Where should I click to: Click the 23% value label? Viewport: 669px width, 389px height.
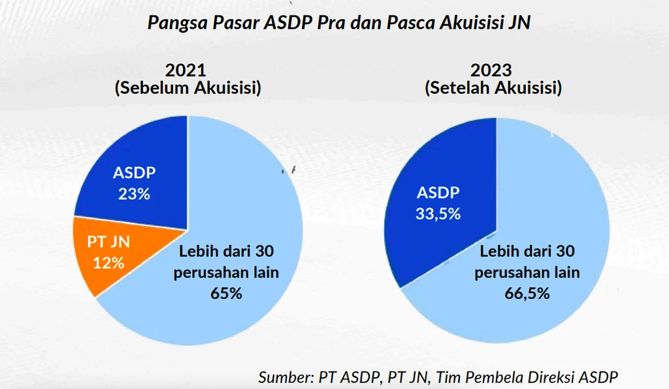(135, 194)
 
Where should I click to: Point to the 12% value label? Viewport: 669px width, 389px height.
(108, 263)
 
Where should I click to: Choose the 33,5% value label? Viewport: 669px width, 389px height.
(438, 213)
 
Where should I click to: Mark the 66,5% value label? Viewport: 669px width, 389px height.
(527, 294)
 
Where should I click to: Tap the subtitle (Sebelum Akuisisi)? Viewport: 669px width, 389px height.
(188, 88)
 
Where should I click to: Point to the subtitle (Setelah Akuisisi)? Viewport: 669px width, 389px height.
(493, 88)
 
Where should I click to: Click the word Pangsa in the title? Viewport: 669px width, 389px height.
(171, 24)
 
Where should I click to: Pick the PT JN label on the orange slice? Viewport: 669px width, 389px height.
(108, 242)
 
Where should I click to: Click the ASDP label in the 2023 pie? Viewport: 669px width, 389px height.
(438, 193)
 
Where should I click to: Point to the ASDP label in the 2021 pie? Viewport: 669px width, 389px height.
(135, 173)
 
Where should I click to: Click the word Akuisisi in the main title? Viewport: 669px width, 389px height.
(462, 23)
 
